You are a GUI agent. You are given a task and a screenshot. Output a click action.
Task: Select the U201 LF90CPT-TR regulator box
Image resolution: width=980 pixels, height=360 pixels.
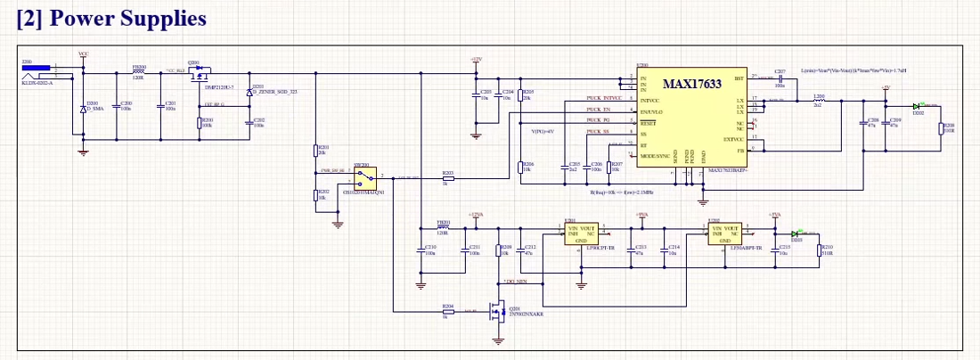[x=580, y=233]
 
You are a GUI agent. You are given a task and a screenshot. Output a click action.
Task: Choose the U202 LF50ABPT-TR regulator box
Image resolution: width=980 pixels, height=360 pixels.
[x=723, y=233]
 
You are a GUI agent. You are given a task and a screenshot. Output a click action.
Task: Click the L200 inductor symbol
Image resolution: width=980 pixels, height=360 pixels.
[x=818, y=102]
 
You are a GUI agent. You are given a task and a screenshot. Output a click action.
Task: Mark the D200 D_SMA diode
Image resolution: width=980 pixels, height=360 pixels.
[x=84, y=109]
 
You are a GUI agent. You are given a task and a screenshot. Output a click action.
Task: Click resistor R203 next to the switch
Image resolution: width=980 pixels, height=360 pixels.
[x=448, y=177]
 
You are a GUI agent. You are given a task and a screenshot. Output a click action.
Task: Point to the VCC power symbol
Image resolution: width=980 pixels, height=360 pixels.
[x=84, y=56]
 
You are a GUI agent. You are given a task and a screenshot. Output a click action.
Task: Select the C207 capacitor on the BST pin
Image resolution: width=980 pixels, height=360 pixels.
[x=780, y=78]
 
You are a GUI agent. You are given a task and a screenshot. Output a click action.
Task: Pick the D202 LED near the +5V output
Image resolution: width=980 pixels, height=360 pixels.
[x=919, y=106]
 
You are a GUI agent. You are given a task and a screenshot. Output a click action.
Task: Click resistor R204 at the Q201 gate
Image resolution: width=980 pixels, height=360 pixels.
[x=448, y=311]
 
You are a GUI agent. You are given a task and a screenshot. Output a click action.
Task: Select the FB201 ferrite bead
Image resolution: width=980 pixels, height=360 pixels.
[x=443, y=227]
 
